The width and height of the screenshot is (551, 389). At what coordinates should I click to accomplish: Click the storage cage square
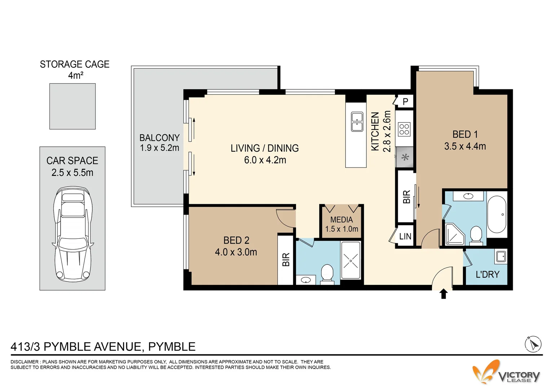point(72,106)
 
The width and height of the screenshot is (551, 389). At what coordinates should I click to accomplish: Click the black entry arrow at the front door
point(444,294)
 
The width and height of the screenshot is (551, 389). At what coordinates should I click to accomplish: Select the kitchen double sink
point(357,122)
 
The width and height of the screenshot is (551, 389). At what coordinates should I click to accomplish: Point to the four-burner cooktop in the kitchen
point(404,129)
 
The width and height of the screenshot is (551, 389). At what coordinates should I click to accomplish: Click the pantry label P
point(405,101)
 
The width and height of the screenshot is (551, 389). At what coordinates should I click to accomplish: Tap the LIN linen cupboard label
point(405,236)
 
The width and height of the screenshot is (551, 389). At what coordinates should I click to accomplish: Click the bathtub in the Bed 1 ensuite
point(497,214)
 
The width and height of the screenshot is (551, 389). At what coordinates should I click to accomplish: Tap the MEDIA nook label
point(341,219)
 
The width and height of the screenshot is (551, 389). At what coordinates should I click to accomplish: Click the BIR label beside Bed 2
point(286,259)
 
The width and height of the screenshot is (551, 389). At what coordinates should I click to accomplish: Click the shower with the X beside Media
point(351,260)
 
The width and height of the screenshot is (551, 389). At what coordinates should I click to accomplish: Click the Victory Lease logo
point(506,372)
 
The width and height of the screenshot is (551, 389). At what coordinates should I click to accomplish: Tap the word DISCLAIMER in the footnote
point(25,362)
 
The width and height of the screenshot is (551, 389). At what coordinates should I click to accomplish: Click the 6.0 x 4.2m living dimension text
point(265,160)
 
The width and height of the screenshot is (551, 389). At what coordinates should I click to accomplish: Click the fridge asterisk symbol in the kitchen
point(405,157)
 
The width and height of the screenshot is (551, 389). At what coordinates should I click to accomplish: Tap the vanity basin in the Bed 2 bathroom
point(306,280)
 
